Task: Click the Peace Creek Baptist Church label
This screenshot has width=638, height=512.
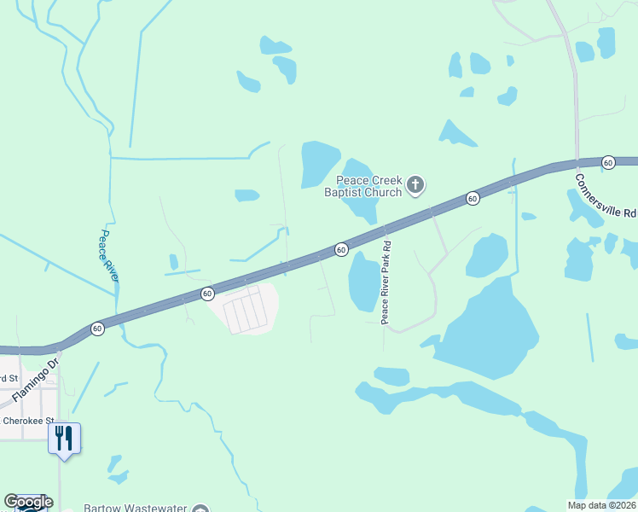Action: pyautogui.click(x=368, y=186)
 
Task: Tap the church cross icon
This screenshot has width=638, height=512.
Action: pyautogui.click(x=415, y=184)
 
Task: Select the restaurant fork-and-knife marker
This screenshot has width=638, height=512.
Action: pyautogui.click(x=64, y=438)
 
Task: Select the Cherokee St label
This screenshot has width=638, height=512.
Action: pyautogui.click(x=27, y=421)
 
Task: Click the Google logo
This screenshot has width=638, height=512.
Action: pyautogui.click(x=28, y=502)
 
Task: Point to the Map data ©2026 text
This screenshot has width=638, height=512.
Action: pyautogui.click(x=601, y=505)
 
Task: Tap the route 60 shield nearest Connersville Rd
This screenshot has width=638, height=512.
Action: pyautogui.click(x=608, y=162)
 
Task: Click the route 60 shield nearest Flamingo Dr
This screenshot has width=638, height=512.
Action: pyautogui.click(x=97, y=329)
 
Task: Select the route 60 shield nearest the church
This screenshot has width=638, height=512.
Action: pyautogui.click(x=473, y=199)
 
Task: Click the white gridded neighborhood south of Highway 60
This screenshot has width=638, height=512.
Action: pyautogui.click(x=246, y=309)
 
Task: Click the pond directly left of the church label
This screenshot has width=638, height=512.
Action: pyautogui.click(x=319, y=164)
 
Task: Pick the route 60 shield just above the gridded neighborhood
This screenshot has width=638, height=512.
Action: pyautogui.click(x=207, y=294)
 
